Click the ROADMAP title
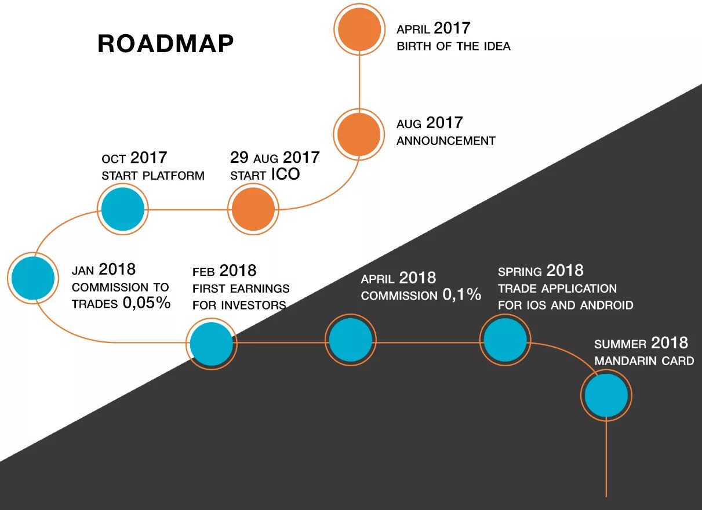(x=165, y=44)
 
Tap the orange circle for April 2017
(x=359, y=29)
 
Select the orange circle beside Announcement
(x=359, y=134)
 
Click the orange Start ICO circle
(x=253, y=209)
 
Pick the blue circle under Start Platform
(x=123, y=209)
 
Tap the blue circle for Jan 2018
(x=33, y=278)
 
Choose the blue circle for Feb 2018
(x=212, y=344)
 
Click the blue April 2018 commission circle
(x=350, y=340)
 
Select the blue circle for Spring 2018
(x=505, y=340)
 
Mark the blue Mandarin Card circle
(x=606, y=395)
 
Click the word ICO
(x=285, y=174)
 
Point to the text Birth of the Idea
(x=453, y=46)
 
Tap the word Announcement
(x=446, y=140)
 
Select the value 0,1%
(x=461, y=295)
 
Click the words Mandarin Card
(x=643, y=360)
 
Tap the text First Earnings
(x=241, y=288)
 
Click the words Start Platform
(x=153, y=176)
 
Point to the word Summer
(x=620, y=344)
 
